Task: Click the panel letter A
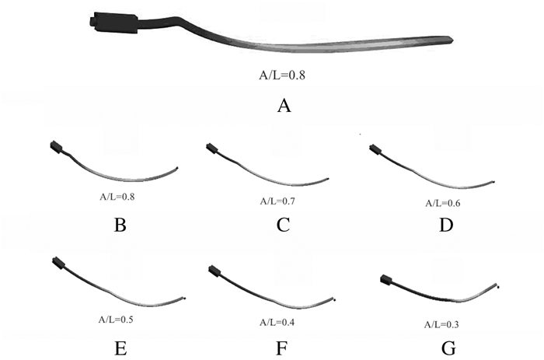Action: [x=284, y=106]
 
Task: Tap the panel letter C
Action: [x=283, y=225]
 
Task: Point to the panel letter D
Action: [x=448, y=225]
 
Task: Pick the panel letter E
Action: [x=120, y=348]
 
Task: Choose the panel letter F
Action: [x=283, y=348]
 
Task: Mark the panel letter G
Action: [x=448, y=348]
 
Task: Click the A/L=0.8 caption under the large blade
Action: [x=283, y=76]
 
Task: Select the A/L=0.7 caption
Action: [x=279, y=201]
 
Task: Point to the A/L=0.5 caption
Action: [x=117, y=319]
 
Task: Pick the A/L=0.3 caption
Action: [x=444, y=323]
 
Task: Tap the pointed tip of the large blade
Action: [x=452, y=40]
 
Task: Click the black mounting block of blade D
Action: [x=375, y=149]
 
